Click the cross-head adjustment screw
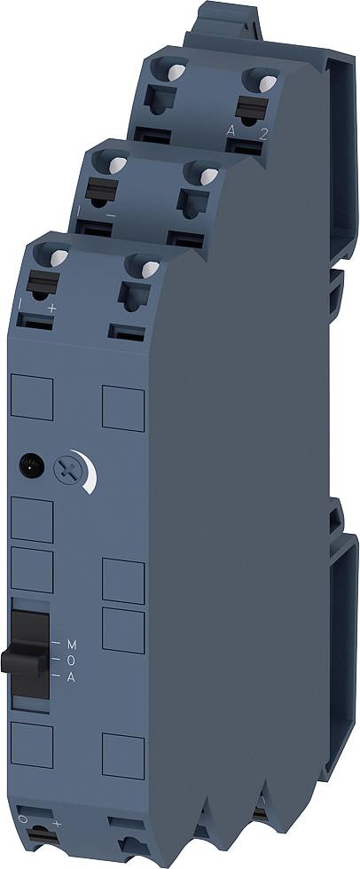click(66, 468)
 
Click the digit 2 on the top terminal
click(262, 134)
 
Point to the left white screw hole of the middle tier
click(115, 163)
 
